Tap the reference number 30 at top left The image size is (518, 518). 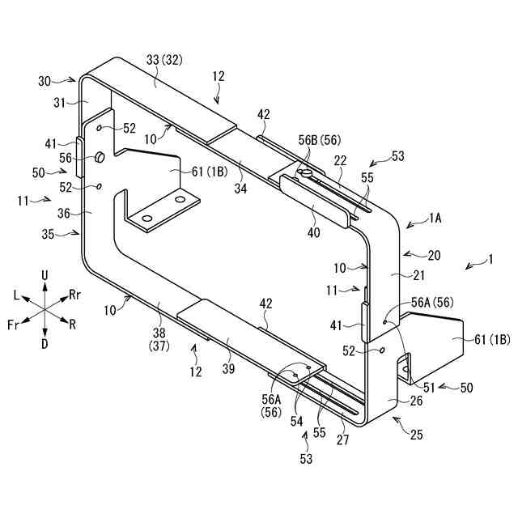[45, 81]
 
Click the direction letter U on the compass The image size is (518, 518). [45, 276]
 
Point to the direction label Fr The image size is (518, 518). [14, 324]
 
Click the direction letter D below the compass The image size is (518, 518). [45, 344]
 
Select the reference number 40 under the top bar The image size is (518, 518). [314, 231]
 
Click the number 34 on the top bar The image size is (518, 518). [242, 189]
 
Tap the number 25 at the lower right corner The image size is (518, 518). [416, 435]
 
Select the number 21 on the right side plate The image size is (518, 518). [396, 275]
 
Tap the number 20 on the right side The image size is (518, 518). [434, 256]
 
